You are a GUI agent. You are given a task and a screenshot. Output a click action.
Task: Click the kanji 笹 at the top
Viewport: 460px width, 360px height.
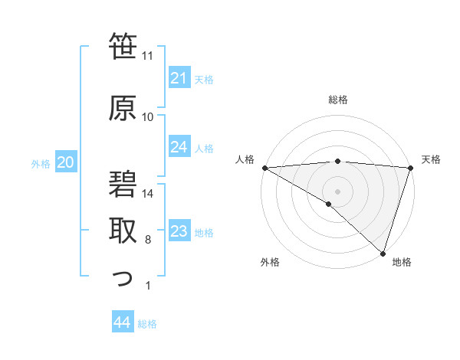pyautogui.click(x=123, y=48)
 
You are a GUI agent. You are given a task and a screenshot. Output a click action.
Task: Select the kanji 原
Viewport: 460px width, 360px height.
pyautogui.click(x=123, y=107)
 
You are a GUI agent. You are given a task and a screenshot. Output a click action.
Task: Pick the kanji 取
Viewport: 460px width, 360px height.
pyautogui.click(x=123, y=229)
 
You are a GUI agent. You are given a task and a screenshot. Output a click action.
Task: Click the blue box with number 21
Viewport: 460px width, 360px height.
pyautogui.click(x=179, y=78)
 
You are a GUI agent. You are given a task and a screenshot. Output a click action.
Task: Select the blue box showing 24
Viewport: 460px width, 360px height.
pyautogui.click(x=179, y=147)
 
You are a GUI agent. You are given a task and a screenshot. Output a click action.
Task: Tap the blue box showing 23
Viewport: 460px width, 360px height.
pyautogui.click(x=179, y=231)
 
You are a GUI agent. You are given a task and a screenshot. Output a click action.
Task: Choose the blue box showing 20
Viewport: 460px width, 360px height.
pyautogui.click(x=66, y=162)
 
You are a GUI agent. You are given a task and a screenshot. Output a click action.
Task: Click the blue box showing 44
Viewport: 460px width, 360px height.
pyautogui.click(x=122, y=322)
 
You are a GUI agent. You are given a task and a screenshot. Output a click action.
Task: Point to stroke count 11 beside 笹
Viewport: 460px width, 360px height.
pyautogui.click(x=148, y=56)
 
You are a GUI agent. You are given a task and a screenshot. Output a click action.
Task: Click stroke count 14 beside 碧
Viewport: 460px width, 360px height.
pyautogui.click(x=148, y=194)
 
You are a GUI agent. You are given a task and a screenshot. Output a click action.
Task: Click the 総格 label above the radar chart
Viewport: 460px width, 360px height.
pyautogui.click(x=337, y=100)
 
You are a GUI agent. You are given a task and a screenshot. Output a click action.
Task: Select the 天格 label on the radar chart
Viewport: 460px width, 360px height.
pyautogui.click(x=432, y=159)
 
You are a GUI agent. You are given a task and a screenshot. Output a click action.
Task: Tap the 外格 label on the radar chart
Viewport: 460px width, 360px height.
pyautogui.click(x=269, y=263)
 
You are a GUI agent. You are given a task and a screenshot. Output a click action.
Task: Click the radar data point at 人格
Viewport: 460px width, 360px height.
pyautogui.click(x=264, y=168)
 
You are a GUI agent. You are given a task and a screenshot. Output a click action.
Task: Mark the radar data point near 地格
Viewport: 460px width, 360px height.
pyautogui.click(x=383, y=253)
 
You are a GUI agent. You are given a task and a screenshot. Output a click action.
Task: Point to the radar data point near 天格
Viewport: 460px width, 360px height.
pyautogui.click(x=411, y=168)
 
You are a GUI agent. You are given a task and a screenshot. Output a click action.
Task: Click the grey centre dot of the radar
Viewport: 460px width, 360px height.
pyautogui.click(x=337, y=191)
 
